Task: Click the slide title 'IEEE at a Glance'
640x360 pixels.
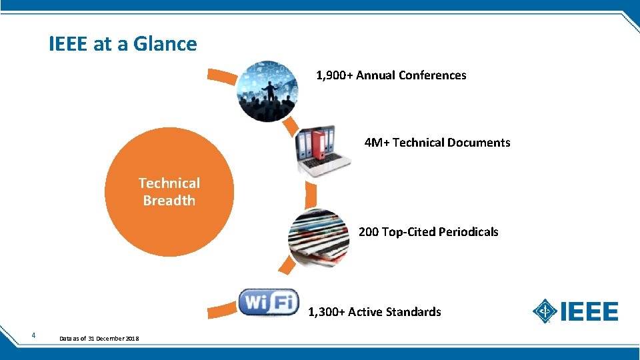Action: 123,44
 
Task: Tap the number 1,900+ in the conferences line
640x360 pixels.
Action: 334,75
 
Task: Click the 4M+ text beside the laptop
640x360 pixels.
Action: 377,143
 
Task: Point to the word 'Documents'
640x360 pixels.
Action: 479,143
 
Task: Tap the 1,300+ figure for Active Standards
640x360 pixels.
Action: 326,312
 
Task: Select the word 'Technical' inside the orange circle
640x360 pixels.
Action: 169,183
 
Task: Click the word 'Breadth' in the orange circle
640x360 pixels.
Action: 169,201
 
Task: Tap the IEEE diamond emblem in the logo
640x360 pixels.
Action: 545,311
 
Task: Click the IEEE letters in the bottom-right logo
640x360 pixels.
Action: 590,311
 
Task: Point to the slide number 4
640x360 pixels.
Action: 33,335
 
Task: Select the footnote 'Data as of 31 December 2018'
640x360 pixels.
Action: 99,339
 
